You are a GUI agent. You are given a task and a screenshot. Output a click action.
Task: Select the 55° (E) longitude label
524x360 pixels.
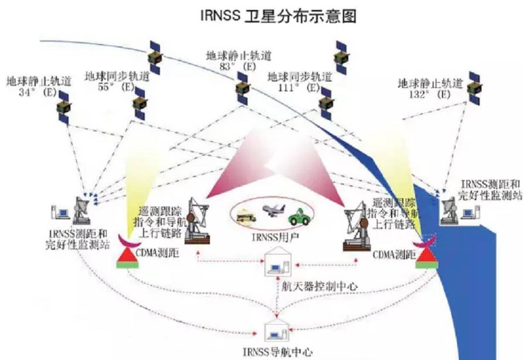[x=117, y=87]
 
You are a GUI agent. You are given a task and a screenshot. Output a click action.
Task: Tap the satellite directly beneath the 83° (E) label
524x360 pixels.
[x=241, y=88]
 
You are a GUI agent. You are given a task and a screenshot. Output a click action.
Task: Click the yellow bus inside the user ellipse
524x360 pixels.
[x=247, y=217]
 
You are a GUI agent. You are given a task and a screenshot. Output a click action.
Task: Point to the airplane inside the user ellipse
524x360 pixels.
[x=273, y=210]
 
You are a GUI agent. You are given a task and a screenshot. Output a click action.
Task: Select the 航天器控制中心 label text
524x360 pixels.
[x=318, y=286]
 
